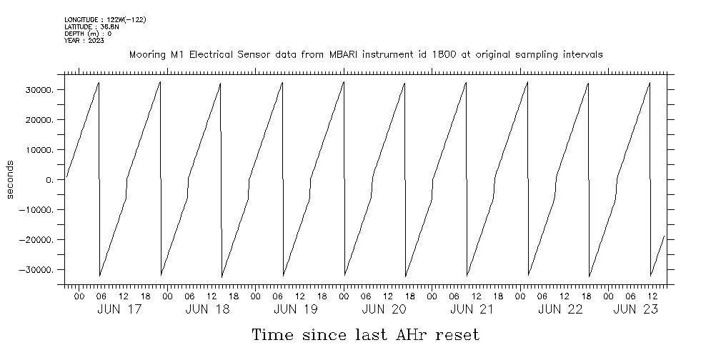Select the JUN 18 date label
tap(208, 309)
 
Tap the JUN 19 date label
tap(296, 309)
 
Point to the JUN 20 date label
tap(384, 309)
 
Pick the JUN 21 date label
tap(472, 309)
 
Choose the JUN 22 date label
tap(560, 309)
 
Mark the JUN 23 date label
tap(635, 309)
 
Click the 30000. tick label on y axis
tap(39, 90)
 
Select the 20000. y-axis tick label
tap(39, 120)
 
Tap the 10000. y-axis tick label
tap(39, 150)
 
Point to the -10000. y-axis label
tap(37, 210)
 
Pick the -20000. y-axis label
tap(37, 240)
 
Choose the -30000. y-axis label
tap(37, 270)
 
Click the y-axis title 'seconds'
tap(10, 180)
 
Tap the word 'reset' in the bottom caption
tap(454, 335)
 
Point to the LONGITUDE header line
tap(105, 19)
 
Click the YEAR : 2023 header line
tap(84, 41)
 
